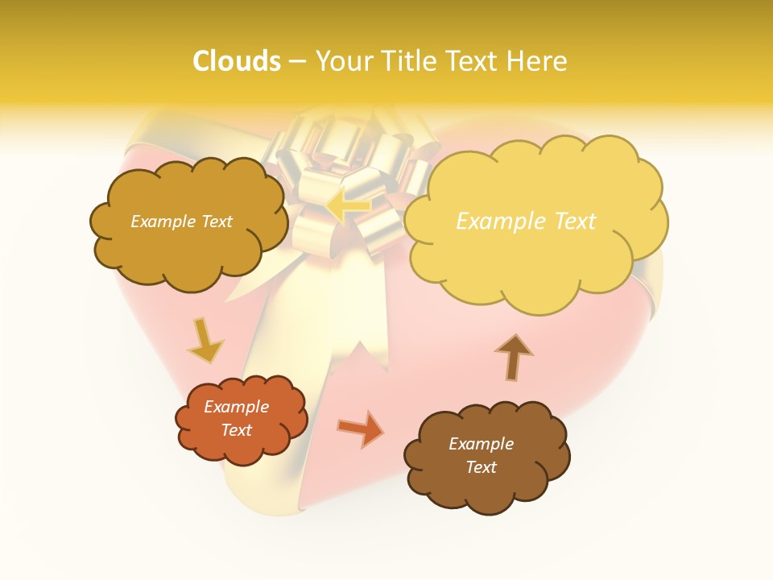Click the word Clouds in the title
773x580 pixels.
(237, 60)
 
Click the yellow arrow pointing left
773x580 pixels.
(349, 205)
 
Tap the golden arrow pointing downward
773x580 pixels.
(205, 341)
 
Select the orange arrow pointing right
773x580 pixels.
(360, 428)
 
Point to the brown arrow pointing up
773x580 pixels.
(513, 356)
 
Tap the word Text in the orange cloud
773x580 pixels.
(237, 430)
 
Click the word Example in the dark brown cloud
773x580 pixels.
(481, 444)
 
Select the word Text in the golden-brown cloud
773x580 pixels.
(215, 222)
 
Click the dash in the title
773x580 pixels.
(297, 60)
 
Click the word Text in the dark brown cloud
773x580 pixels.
(481, 467)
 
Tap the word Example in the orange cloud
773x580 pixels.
(237, 407)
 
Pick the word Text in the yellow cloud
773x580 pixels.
(575, 222)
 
